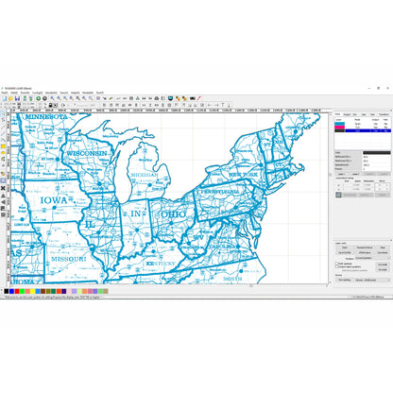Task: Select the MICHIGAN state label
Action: point(145,175)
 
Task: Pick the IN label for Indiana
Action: point(136,215)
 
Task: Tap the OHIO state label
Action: point(173,214)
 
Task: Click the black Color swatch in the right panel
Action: point(375,152)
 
